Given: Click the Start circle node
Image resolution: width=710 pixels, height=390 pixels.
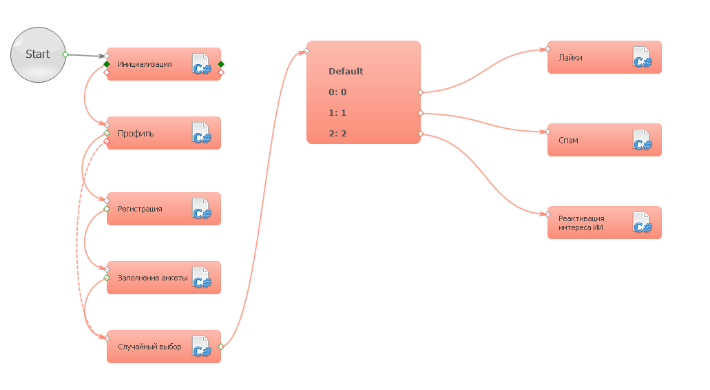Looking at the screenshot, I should pos(38,54).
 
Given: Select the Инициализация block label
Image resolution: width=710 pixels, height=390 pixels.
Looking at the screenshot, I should pos(145,65).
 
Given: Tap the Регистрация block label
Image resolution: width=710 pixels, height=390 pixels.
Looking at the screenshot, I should pos(140,209).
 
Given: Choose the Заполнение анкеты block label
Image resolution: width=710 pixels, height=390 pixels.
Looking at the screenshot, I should pos(152,278).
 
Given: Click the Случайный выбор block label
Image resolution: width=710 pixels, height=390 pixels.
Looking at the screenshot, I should pos(149,347).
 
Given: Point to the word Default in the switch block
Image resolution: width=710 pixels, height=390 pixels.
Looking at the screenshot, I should pos(346,72).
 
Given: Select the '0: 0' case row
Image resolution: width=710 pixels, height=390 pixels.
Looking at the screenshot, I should pos(337,92).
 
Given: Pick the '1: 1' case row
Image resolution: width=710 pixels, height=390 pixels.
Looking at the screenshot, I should pos(337,113).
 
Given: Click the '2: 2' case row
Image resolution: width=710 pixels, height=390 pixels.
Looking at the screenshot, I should pos(337,134).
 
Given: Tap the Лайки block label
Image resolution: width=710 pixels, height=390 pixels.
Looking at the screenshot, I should pos(570,58).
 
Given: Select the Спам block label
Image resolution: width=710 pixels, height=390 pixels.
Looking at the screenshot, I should pos(568,141).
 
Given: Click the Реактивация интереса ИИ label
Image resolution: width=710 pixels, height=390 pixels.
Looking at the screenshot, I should pos(581,223).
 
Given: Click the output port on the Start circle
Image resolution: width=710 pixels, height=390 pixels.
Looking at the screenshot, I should pos(65,54).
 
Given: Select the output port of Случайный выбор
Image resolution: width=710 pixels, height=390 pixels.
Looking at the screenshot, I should pos(220,347).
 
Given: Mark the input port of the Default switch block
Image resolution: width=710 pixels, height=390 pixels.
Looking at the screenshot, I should pos(306,51).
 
